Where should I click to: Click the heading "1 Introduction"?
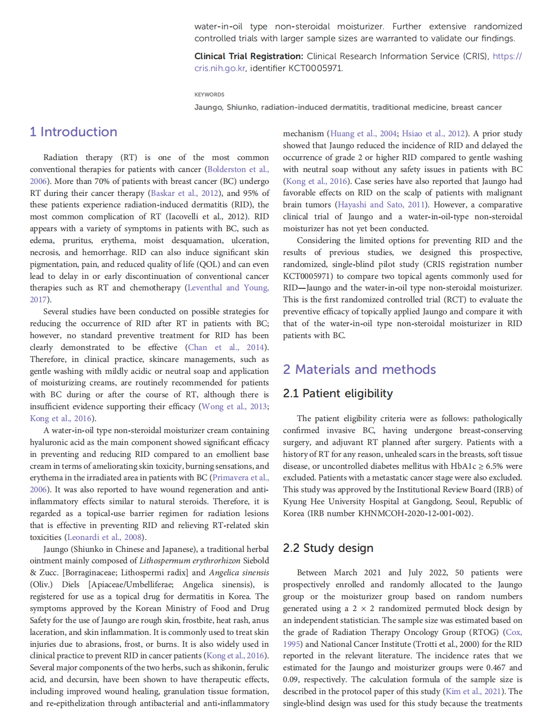[x=74, y=132]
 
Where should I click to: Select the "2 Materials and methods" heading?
[x=359, y=369]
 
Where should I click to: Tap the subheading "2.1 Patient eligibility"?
[x=338, y=394]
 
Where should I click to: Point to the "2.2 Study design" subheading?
[x=328, y=548]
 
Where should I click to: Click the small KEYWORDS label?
[x=209, y=94]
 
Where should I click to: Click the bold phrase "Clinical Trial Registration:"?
[x=248, y=56]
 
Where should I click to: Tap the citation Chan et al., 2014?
[x=226, y=347]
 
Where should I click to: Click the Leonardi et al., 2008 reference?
[x=105, y=537]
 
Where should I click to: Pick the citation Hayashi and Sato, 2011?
[x=381, y=205]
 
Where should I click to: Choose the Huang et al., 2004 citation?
[x=363, y=133]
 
